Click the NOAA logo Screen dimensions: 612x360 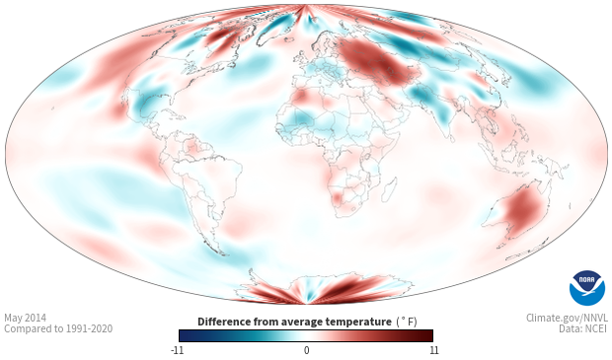tap(587, 288)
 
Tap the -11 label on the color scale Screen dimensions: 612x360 tap(177, 350)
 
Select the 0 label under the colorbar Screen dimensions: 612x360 tap(306, 350)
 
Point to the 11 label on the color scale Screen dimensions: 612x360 tap(433, 350)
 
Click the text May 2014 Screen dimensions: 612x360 tap(25, 318)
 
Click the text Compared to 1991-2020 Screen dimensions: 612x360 tap(58, 328)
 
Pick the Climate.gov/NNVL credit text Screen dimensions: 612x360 tap(567, 318)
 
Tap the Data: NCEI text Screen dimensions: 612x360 tap(583, 328)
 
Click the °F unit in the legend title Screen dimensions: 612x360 tap(407, 323)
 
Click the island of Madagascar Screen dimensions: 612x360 tap(390, 190)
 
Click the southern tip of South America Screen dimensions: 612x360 tap(224, 255)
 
